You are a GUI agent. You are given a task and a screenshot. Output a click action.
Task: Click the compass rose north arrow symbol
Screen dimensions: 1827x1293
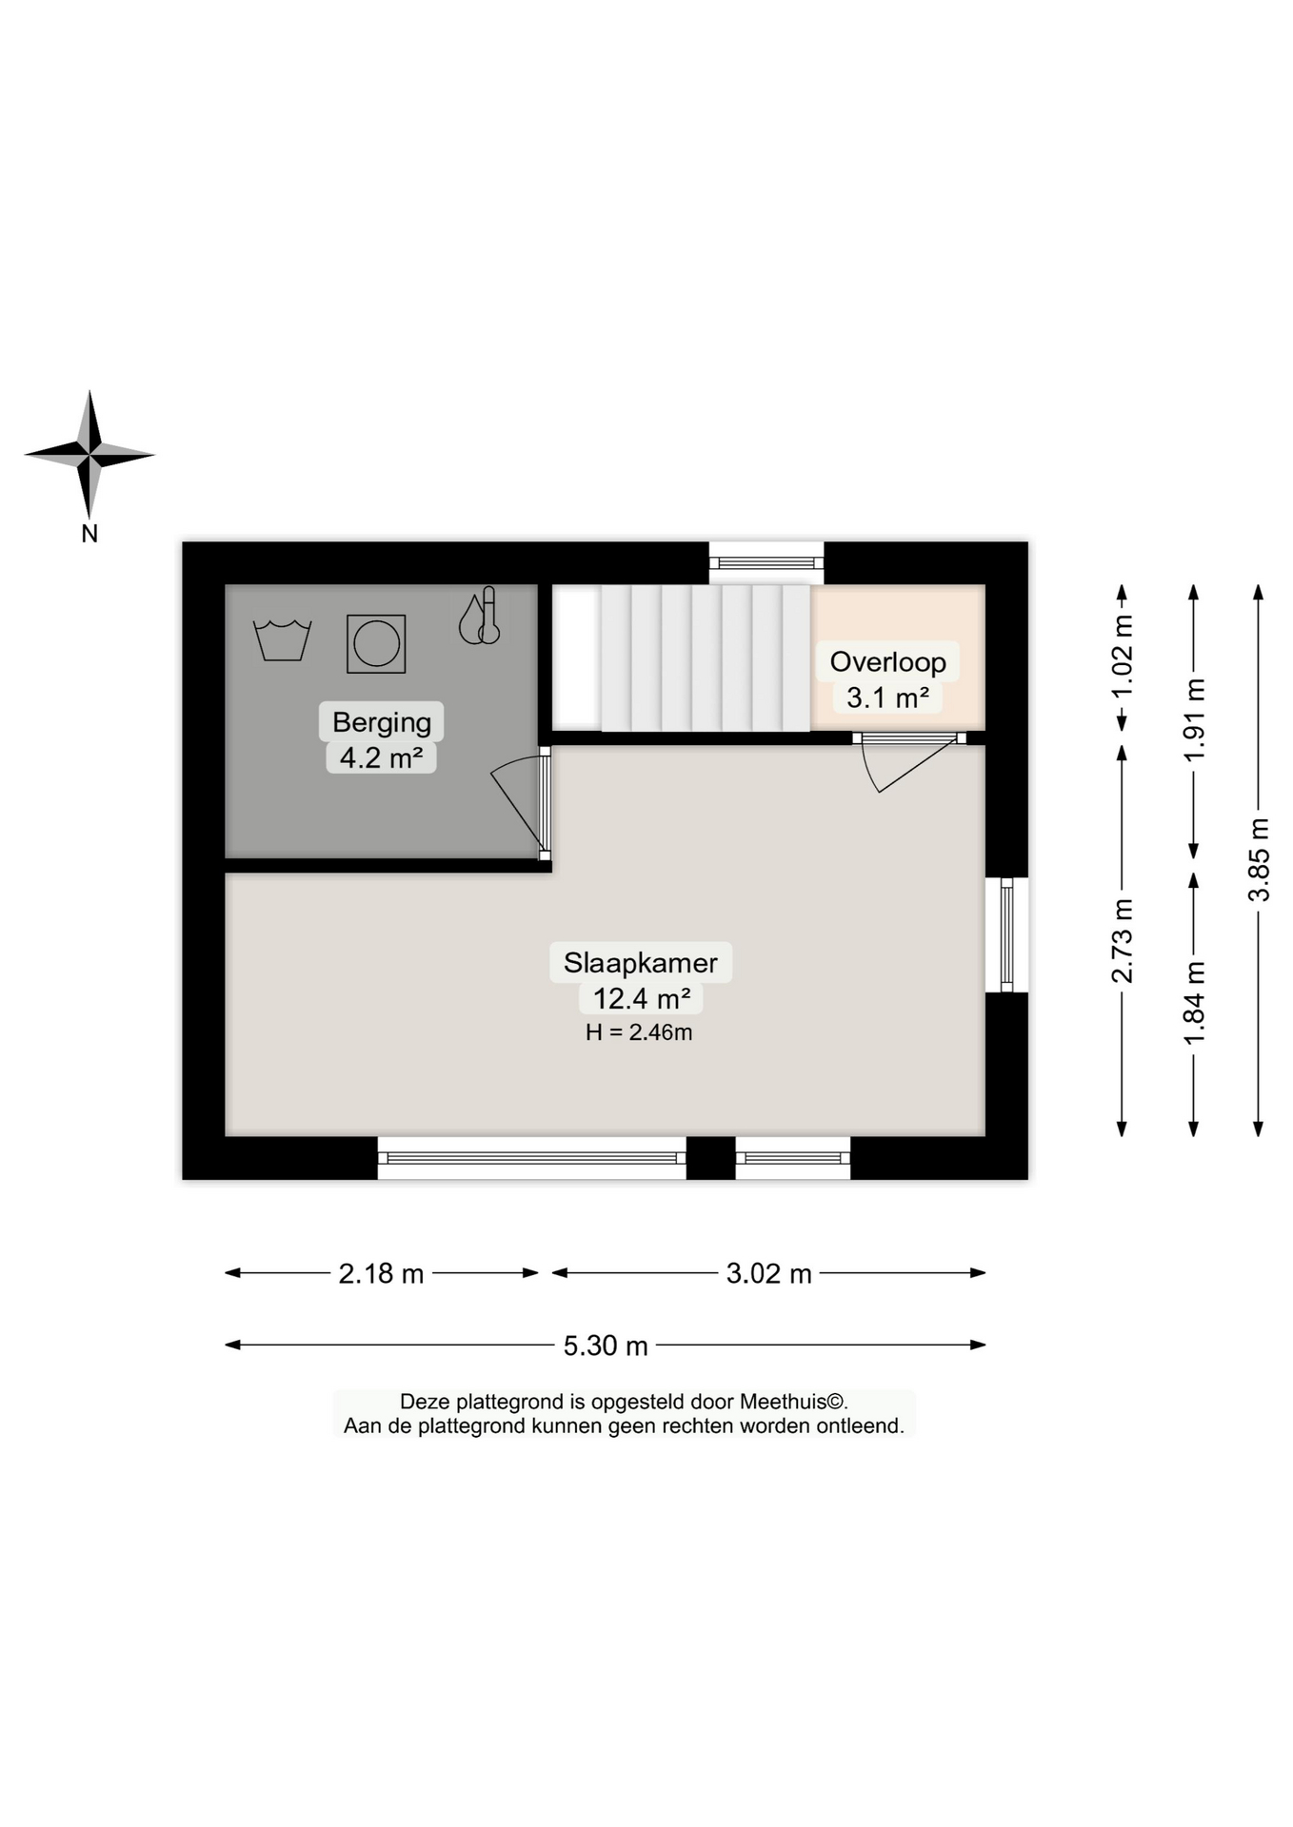coord(90,455)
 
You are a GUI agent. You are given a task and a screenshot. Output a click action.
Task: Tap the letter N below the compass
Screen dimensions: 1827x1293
coord(90,534)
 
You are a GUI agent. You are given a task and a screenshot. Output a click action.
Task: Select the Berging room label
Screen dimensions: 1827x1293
coord(381,722)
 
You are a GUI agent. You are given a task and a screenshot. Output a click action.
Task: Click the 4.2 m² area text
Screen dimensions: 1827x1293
coord(381,757)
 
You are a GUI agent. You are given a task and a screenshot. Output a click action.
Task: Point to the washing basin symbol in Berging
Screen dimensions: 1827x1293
coord(282,639)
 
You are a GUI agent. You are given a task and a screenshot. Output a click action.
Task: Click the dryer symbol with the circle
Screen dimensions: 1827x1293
coord(376,644)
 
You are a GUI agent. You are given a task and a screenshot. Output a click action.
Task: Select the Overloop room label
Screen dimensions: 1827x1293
coord(887,661)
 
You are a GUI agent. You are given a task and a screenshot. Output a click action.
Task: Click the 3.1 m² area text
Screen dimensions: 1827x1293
coord(887,697)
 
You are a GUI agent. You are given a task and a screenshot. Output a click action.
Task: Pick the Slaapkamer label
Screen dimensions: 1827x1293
coord(640,962)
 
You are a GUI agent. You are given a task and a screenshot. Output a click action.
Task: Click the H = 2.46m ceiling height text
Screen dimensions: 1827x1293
coord(639,1032)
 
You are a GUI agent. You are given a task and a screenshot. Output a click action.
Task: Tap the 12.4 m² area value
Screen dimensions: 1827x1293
coord(641,998)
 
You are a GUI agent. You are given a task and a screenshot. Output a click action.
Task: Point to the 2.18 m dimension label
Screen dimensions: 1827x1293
coord(381,1273)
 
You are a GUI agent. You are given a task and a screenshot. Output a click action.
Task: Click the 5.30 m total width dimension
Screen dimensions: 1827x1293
coord(606,1346)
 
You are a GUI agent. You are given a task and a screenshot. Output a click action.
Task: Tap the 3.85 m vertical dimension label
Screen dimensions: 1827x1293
coord(1259,859)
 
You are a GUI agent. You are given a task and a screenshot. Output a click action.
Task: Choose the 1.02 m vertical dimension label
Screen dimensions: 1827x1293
coord(1123,657)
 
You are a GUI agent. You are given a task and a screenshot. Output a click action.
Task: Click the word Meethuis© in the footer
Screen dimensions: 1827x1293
coord(793,1402)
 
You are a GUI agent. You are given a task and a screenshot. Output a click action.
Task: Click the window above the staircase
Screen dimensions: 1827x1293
coord(766,562)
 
